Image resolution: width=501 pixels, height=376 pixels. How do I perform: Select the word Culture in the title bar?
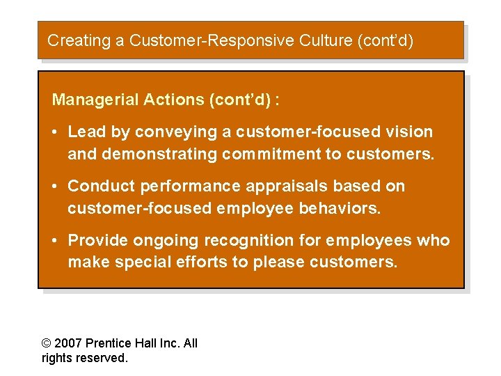coord(327,40)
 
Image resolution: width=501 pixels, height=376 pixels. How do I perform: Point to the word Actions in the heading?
coord(173,100)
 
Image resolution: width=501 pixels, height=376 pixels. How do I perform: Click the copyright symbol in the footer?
coord(47,343)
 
